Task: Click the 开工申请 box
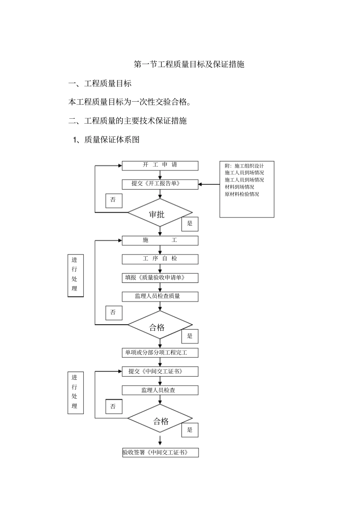160,165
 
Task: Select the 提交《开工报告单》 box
160,184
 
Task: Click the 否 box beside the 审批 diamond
114,200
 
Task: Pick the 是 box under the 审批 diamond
190,224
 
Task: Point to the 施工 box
160,240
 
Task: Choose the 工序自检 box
160,259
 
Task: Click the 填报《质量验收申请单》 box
160,278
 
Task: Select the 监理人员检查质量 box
160,297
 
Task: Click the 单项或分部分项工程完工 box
160,353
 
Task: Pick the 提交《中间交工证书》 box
160,372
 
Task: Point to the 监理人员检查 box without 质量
160,390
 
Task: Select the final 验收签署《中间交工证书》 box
160,452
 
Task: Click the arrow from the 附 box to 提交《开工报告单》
209,184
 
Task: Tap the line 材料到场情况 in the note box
239,187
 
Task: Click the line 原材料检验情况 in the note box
242,194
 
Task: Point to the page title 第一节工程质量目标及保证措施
189,64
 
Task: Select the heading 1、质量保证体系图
106,140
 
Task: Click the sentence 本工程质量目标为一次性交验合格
129,102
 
